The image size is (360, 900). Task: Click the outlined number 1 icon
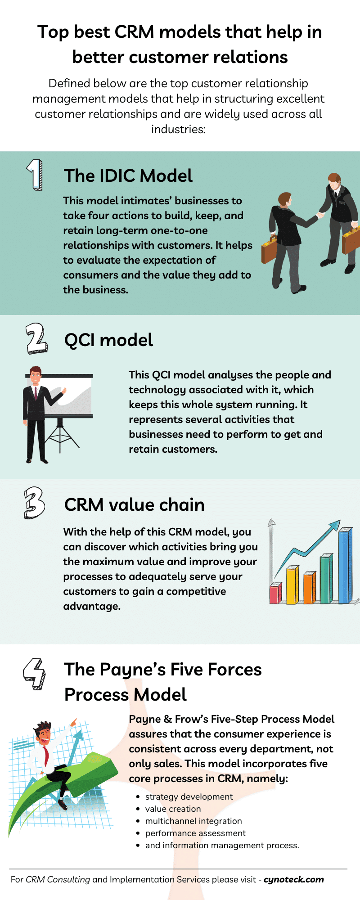[x=35, y=175]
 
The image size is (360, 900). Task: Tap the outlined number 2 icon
[x=36, y=338]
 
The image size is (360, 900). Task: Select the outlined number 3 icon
[x=34, y=503]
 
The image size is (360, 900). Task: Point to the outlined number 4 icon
[x=34, y=673]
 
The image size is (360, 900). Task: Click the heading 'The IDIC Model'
[x=128, y=176]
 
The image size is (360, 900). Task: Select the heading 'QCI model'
[x=108, y=340]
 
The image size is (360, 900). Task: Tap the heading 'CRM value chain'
[x=134, y=505]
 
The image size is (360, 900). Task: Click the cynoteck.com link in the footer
[x=294, y=879]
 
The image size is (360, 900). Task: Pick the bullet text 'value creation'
[x=173, y=809]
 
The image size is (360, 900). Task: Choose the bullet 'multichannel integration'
[x=193, y=821]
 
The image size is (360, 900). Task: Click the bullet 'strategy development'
[x=189, y=796]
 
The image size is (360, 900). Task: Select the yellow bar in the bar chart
[x=292, y=585]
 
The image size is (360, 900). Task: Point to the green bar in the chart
[x=326, y=579]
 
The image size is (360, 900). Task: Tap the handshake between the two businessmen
[x=320, y=215]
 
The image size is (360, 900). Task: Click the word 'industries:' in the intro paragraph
[x=178, y=130]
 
